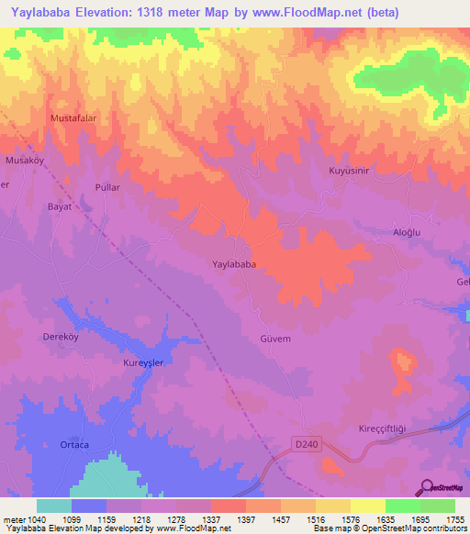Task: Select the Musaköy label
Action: click(26, 161)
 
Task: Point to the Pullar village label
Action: click(108, 186)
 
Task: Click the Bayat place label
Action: click(60, 206)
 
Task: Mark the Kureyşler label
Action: click(143, 363)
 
